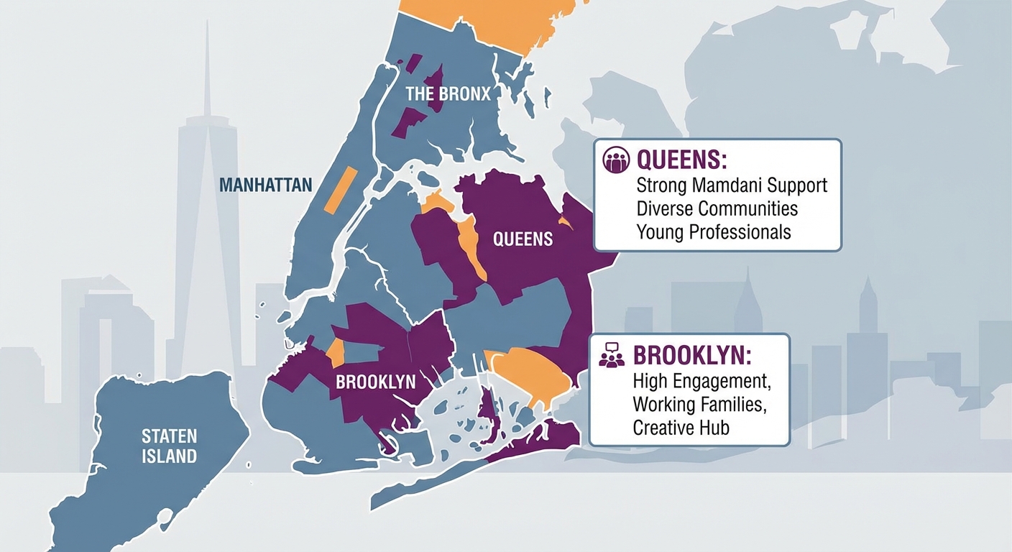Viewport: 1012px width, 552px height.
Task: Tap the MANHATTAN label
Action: point(265,185)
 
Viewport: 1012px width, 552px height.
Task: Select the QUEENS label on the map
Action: point(523,239)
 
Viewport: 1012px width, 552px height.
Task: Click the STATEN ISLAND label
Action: point(169,446)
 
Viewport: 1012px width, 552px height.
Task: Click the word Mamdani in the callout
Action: point(730,185)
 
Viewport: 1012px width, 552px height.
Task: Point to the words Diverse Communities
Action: point(717,208)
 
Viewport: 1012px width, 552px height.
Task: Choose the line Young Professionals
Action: point(713,232)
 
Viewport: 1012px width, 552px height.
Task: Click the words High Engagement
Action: point(696,380)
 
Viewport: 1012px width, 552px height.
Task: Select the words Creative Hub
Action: point(681,428)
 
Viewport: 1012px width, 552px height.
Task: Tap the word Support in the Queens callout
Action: point(796,185)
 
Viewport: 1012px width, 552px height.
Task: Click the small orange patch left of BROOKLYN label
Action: point(336,353)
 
